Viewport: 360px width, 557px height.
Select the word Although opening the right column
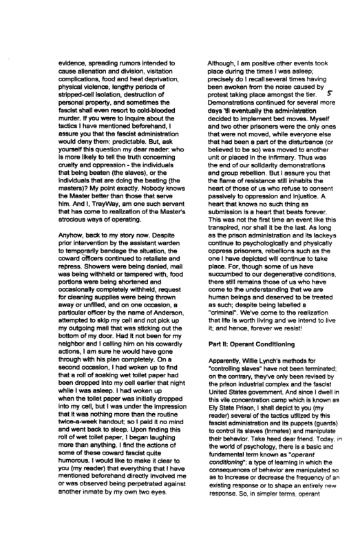click(x=224, y=64)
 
